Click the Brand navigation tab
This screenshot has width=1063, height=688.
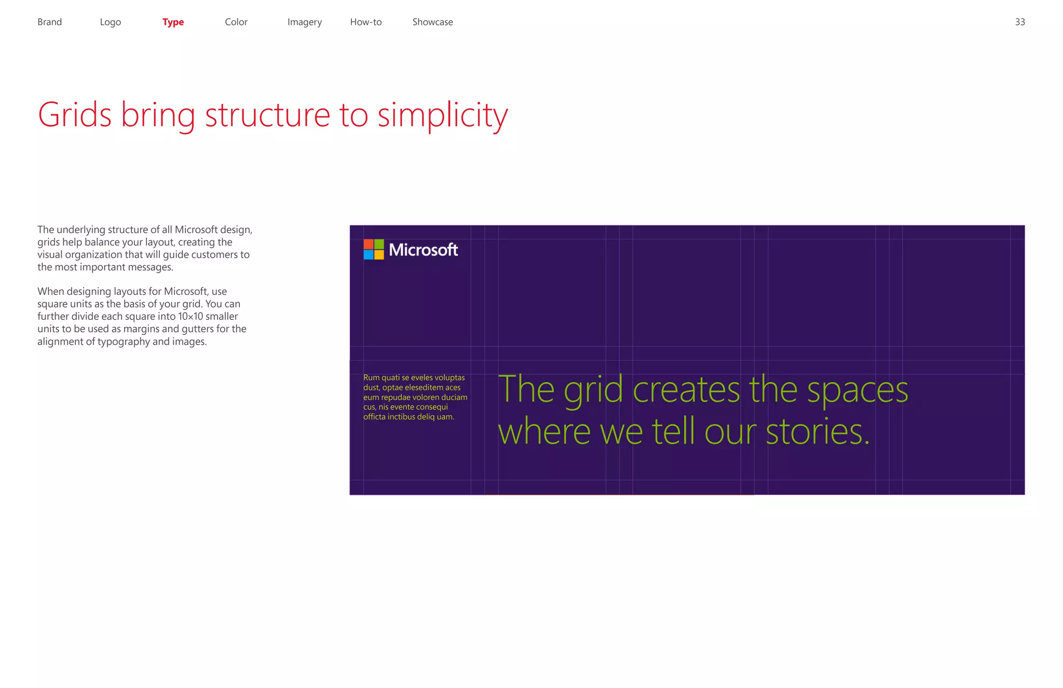(x=49, y=22)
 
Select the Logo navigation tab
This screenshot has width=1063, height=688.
(x=110, y=22)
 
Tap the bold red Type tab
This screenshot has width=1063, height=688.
(x=173, y=22)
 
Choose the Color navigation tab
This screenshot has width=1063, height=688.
(x=236, y=22)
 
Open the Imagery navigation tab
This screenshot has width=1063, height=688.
(x=305, y=22)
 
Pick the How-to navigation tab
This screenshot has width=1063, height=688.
(x=366, y=22)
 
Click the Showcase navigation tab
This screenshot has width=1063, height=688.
(x=432, y=22)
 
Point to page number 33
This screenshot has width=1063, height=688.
(x=1020, y=22)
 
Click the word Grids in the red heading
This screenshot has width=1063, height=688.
(x=75, y=115)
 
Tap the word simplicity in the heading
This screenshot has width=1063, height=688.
(x=442, y=116)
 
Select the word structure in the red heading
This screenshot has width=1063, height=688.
(x=267, y=115)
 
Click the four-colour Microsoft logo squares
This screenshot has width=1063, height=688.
(x=374, y=249)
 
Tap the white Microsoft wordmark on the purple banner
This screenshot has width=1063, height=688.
(x=424, y=250)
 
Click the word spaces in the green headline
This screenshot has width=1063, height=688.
(x=857, y=390)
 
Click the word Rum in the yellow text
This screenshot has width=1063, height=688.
(x=371, y=377)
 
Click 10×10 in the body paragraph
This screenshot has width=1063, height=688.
(x=190, y=316)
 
